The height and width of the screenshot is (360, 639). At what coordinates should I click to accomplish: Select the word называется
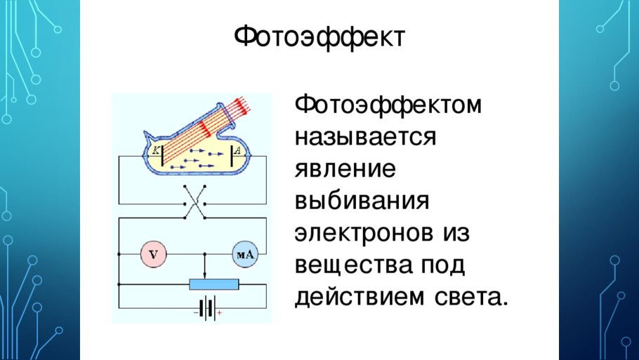point(366,138)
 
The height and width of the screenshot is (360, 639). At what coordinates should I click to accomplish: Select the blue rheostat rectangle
point(214,284)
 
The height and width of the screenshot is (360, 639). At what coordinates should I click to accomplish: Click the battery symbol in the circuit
point(207,309)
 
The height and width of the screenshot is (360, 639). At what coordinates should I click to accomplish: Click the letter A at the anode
point(239,149)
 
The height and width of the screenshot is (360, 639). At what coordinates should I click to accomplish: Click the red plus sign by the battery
point(220,315)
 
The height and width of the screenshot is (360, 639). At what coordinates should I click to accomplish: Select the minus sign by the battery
point(196,315)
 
